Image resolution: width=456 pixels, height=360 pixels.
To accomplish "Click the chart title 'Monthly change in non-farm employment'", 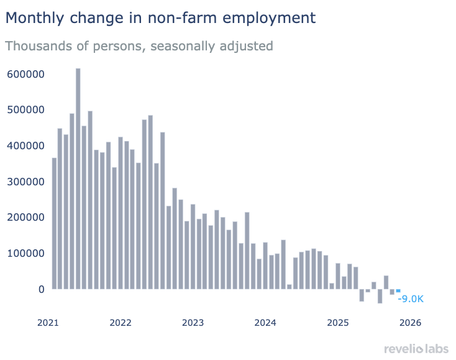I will pos(160,18).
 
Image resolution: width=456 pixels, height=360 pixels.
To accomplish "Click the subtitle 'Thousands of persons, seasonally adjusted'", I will pos(139,46).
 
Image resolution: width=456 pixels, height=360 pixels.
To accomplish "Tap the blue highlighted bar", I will pos(398,291).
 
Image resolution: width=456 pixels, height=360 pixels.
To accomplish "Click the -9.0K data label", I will pos(410,299).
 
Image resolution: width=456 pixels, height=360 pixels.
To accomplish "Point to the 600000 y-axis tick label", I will pos(25,74).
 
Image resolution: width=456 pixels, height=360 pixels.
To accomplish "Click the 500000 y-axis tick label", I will pos(25,110).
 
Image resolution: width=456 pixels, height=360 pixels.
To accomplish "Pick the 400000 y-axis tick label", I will pos(25,145).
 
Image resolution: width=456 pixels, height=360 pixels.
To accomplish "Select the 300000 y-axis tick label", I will pos(25,182).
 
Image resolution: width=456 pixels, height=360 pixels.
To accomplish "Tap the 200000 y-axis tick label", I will pos(25,218).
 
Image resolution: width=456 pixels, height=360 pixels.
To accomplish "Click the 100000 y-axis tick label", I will pos(25,254).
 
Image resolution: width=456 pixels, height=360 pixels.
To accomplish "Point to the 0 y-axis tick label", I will pos(42,289).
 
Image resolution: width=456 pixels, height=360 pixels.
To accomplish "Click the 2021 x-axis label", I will pos(48,323).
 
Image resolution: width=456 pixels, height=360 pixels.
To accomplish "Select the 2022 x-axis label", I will pos(121,323).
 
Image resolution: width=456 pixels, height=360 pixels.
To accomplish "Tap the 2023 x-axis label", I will pos(193,323).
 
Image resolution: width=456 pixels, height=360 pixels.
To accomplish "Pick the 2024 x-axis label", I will pos(265,323).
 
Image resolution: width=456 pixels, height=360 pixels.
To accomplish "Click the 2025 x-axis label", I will pos(338,323).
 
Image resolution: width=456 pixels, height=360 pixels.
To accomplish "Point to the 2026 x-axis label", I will pos(411,323).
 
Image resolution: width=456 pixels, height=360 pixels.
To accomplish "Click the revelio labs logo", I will pos(416,348).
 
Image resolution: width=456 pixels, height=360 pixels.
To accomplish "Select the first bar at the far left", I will pos(54,223).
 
